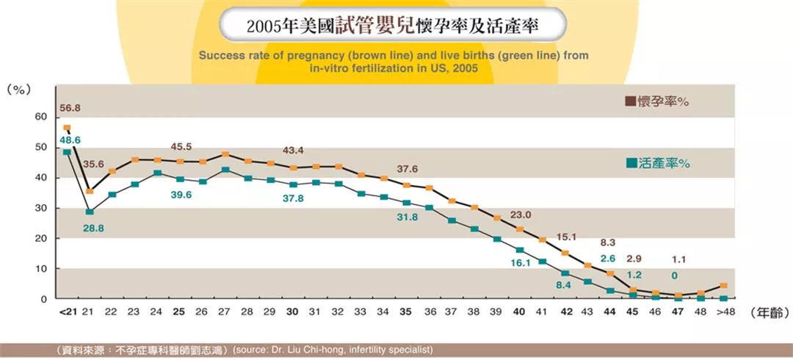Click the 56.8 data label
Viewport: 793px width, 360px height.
point(70,108)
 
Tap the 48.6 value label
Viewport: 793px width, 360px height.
point(70,140)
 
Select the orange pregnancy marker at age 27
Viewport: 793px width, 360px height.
point(225,154)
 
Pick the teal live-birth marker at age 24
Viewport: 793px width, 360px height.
point(157,173)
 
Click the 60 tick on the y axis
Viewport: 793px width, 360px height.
point(40,117)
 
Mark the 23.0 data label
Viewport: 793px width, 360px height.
point(521,215)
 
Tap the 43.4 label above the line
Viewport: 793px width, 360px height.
point(293,151)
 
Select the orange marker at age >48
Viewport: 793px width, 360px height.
point(725,286)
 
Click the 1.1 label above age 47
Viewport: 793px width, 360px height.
point(680,259)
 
